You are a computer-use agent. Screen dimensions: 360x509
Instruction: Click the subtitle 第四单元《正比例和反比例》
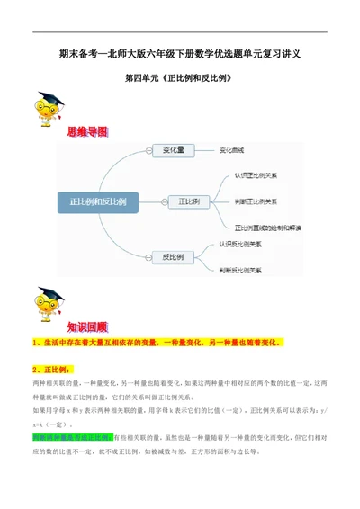(181, 78)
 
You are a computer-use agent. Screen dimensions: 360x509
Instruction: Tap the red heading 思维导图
(87, 131)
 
